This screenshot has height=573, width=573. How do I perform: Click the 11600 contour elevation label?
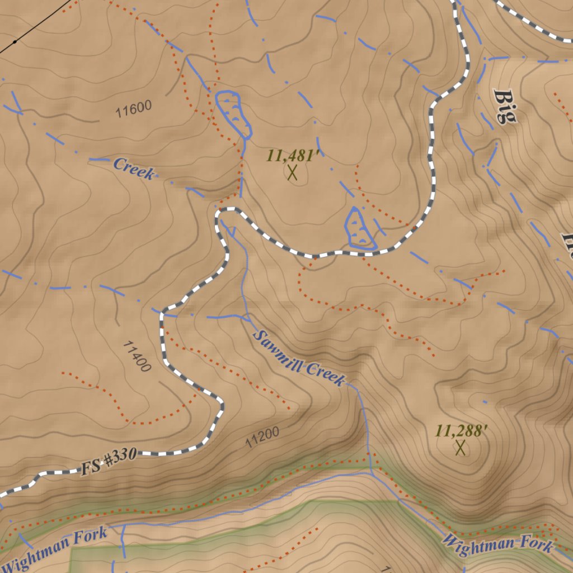click(134, 109)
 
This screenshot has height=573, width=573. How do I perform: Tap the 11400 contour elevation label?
click(136, 356)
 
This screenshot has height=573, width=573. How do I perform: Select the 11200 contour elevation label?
click(262, 437)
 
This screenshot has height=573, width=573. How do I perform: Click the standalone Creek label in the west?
click(133, 168)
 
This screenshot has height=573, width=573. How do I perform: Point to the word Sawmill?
click(277, 352)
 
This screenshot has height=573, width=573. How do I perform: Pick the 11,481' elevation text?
click(293, 155)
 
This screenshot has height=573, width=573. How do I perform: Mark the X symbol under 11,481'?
click(292, 172)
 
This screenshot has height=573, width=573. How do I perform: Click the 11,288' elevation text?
click(462, 431)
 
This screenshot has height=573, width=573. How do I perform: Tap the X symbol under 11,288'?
click(461, 448)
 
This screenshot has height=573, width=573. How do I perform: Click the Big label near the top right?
click(505, 106)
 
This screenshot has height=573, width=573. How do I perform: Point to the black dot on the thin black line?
click(15, 41)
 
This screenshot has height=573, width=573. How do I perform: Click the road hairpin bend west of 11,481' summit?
click(219, 214)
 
